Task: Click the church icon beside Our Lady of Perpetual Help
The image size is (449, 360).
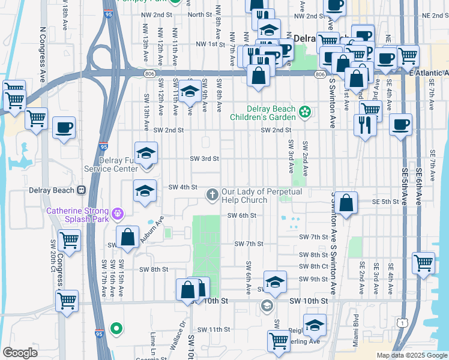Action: pyautogui.click(x=212, y=194)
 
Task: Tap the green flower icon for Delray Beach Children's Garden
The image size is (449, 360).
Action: pyautogui.click(x=305, y=112)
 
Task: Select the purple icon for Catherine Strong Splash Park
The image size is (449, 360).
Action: pyautogui.click(x=117, y=212)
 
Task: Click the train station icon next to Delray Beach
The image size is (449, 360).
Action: pyautogui.click(x=80, y=190)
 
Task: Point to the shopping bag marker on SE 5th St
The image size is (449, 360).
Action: pyautogui.click(x=346, y=203)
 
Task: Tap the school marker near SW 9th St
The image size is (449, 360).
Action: pyautogui.click(x=275, y=281)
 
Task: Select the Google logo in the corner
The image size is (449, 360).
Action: pyautogui.click(x=20, y=353)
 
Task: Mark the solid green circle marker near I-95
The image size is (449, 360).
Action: pyautogui.click(x=117, y=328)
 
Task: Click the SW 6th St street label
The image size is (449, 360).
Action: pyautogui.click(x=242, y=215)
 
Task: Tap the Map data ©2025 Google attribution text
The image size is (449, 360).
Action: pyautogui.click(x=412, y=355)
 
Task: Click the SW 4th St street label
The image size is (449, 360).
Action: pyautogui.click(x=182, y=187)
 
